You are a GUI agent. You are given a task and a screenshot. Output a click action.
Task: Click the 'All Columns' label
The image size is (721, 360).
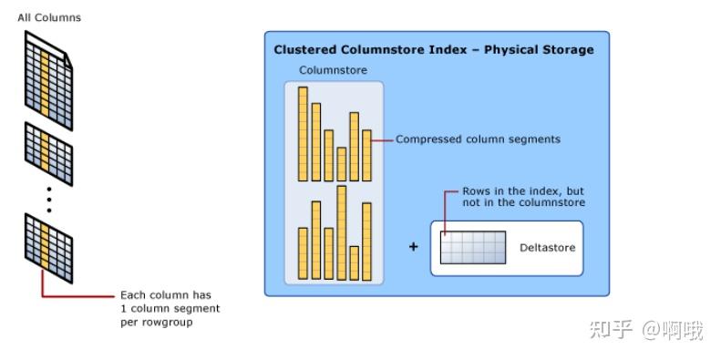pyautogui.click(x=49, y=17)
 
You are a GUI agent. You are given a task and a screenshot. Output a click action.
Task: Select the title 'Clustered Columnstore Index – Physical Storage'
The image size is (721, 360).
pyautogui.click(x=434, y=49)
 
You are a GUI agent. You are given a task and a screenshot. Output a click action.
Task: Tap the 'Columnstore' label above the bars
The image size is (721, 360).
pyautogui.click(x=334, y=69)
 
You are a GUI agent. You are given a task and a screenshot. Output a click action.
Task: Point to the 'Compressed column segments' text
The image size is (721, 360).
pyautogui.click(x=478, y=139)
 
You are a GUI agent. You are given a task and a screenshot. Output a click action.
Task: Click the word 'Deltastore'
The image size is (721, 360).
pyautogui.click(x=547, y=247)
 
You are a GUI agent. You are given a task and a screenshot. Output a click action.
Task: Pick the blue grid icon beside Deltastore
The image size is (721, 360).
pyautogui.click(x=472, y=247)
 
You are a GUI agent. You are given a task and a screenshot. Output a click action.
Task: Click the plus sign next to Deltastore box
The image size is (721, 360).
pyautogui.click(x=413, y=246)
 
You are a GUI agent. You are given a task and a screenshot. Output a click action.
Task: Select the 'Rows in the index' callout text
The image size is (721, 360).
pyautogui.click(x=523, y=197)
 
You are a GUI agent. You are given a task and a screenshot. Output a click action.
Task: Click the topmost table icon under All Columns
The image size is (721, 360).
pyautogui.click(x=48, y=79)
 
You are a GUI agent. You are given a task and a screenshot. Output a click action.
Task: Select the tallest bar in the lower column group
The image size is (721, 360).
pyautogui.click(x=342, y=231)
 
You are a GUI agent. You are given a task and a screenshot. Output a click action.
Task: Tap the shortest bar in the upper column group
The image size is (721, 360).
pyautogui.click(x=342, y=164)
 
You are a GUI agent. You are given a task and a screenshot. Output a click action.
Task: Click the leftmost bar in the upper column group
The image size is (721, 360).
pyautogui.click(x=304, y=134)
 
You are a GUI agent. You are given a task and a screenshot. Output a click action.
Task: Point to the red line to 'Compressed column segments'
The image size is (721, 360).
pyautogui.click(x=383, y=140)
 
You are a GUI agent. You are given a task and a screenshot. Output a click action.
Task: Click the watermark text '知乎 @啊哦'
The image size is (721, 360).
pyautogui.click(x=646, y=330)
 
